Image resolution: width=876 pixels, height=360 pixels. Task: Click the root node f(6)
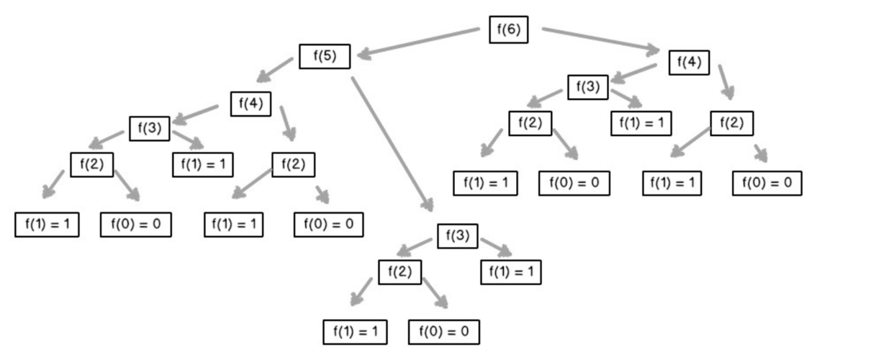[x=508, y=30]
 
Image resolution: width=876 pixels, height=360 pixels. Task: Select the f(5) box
[x=325, y=56]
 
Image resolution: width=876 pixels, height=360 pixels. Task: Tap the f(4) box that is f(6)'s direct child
[x=689, y=63]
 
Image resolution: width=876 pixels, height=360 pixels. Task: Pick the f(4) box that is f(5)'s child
[x=250, y=104]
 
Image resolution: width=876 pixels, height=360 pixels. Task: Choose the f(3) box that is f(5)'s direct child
[x=457, y=236]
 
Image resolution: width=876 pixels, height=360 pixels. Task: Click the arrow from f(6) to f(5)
[x=417, y=42]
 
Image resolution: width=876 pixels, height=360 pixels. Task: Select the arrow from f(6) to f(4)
[x=600, y=40]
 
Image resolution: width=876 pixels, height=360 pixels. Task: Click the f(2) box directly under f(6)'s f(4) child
[x=731, y=123]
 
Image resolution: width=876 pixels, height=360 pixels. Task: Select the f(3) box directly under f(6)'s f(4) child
[x=587, y=87]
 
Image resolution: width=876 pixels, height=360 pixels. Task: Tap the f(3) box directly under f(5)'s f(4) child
[x=149, y=129]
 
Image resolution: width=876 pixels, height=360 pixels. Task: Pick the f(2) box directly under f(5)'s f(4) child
[x=293, y=165]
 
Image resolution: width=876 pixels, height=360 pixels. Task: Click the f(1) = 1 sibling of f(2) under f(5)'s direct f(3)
[x=510, y=272]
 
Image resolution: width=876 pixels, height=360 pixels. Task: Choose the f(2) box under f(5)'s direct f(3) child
[x=399, y=271]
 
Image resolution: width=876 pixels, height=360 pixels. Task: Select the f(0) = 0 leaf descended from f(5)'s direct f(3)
[x=443, y=332]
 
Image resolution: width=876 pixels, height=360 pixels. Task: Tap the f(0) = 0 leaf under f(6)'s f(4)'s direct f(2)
[x=767, y=184]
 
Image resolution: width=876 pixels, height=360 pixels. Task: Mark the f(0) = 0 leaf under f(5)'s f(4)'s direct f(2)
[x=328, y=225]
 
